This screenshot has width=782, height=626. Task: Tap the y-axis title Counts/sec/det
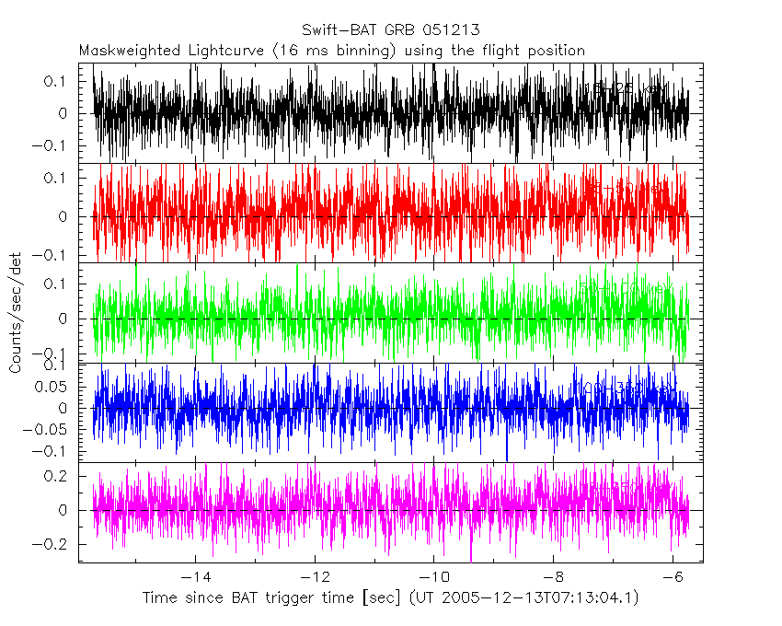click(x=16, y=314)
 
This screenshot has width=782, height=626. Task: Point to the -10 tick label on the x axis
click(x=432, y=577)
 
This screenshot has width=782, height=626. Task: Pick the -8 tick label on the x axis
click(x=551, y=577)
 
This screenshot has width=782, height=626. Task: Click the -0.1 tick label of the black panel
click(x=52, y=146)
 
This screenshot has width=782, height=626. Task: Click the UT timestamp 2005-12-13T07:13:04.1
click(x=542, y=598)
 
